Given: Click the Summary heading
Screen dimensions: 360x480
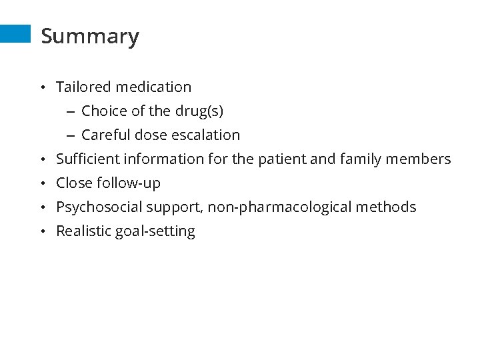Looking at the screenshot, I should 90,36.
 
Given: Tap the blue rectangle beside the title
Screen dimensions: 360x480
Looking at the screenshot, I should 15,34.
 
